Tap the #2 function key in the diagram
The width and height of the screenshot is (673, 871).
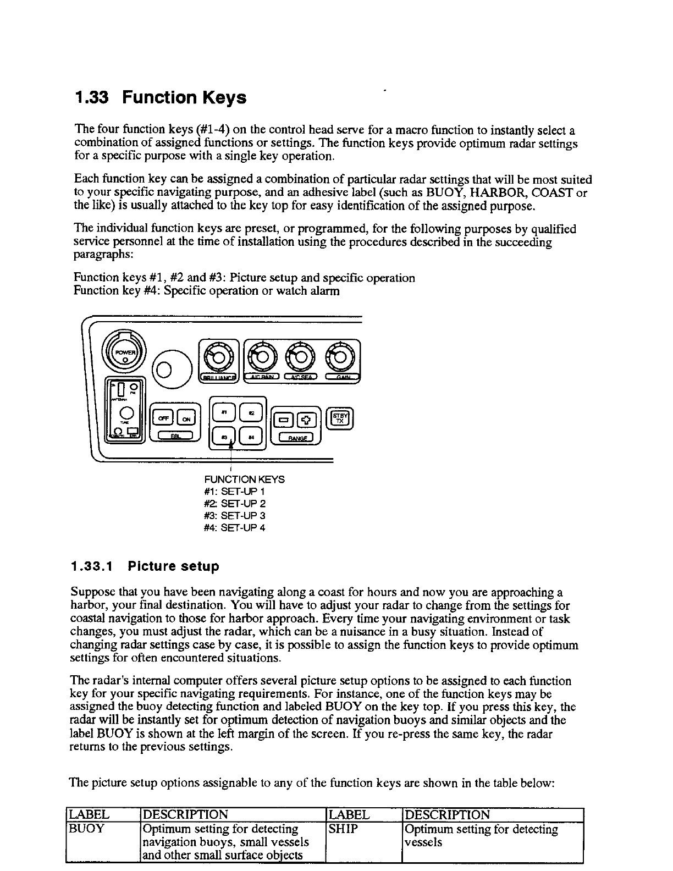(252, 412)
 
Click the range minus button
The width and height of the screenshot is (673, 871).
(284, 420)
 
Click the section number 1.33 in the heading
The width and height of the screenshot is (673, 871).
(92, 98)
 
